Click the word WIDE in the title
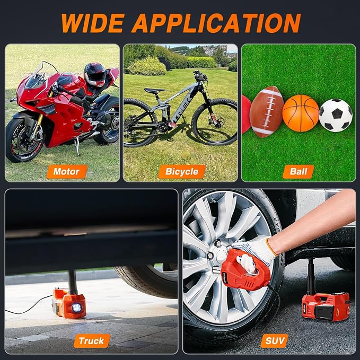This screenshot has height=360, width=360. (x=93, y=23)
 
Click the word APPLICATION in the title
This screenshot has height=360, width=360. (x=216, y=23)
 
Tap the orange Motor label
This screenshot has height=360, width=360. (x=67, y=171)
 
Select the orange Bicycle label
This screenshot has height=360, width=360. (x=182, y=171)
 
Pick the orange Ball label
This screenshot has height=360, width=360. (x=298, y=171)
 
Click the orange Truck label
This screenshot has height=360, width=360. (x=91, y=341)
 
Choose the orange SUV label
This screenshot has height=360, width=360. (x=274, y=341)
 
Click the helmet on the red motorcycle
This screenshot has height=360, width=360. (x=94, y=75)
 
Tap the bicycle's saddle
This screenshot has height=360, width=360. (x=154, y=91)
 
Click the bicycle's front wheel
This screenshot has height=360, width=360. (x=215, y=122)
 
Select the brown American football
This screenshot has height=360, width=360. (x=266, y=112)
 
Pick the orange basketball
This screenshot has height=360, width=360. (x=301, y=113)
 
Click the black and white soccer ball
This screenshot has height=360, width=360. (x=336, y=115)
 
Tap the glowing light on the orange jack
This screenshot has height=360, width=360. (x=77, y=308)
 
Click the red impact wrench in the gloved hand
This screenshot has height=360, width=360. (x=245, y=270)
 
